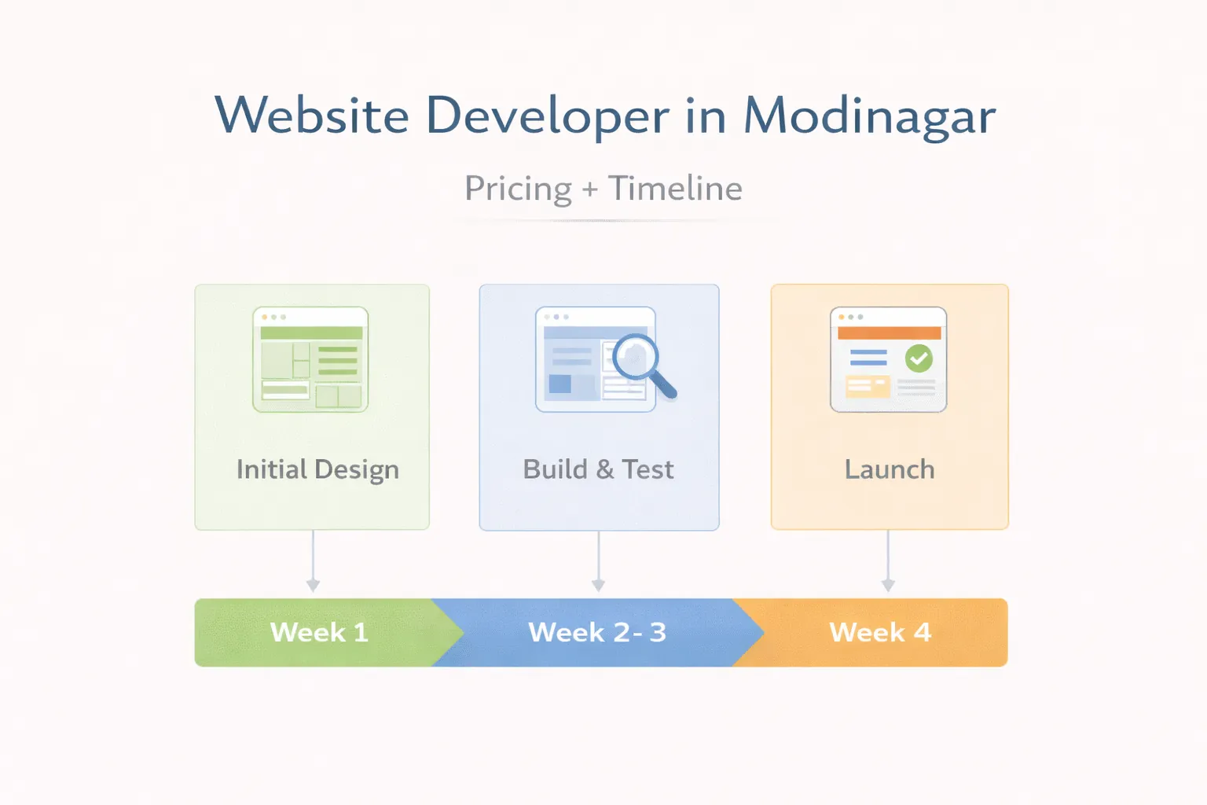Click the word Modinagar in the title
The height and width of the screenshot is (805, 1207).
(869, 116)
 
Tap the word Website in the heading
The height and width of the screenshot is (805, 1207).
(312, 116)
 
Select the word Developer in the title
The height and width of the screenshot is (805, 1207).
(548, 117)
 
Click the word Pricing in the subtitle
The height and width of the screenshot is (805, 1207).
(518, 189)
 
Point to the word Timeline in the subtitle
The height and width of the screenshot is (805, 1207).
(675, 189)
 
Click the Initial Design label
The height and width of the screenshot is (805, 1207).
(317, 469)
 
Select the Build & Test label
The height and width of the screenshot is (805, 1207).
(598, 469)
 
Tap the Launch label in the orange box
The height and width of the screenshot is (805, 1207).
(890, 469)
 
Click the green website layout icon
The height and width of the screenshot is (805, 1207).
(310, 359)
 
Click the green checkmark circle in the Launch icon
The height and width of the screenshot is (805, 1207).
(919, 358)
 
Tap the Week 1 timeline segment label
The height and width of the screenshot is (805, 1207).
(319, 632)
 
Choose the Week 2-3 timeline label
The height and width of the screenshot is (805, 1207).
(597, 632)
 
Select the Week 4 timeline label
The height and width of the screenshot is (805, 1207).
(880, 632)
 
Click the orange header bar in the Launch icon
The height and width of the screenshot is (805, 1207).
(889, 333)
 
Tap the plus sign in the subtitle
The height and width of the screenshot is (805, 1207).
(590, 189)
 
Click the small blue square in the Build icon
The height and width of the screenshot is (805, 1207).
(560, 384)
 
